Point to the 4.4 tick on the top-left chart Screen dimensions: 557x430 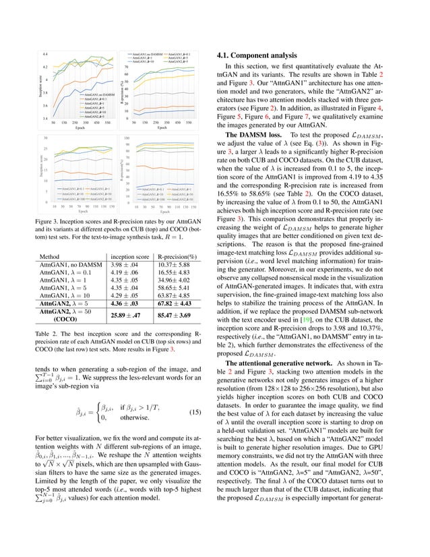pos(44,54)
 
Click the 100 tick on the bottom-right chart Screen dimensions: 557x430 pos(127,138)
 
